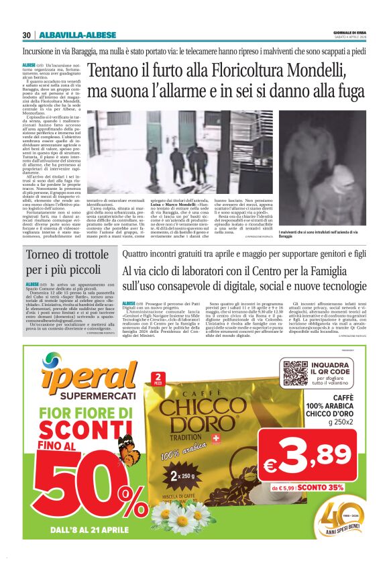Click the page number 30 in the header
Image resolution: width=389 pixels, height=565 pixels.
tap(27, 35)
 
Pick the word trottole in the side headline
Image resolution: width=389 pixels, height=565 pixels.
tap(91, 255)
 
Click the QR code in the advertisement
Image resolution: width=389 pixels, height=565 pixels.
tap(295, 372)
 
